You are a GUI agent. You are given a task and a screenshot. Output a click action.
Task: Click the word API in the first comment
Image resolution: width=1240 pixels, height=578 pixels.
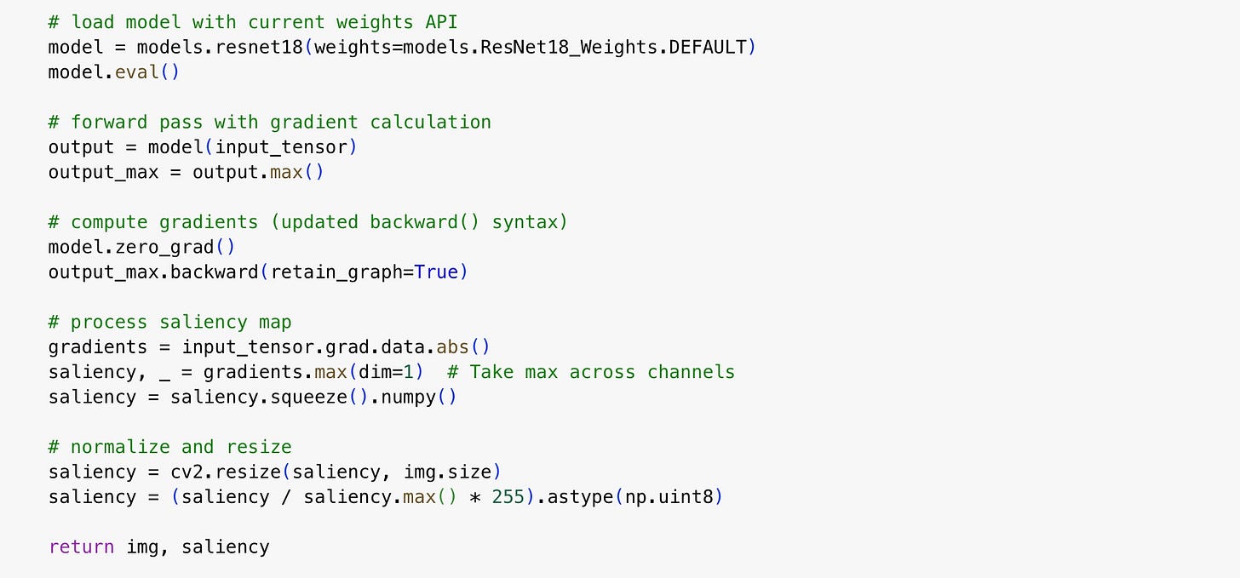[x=441, y=22]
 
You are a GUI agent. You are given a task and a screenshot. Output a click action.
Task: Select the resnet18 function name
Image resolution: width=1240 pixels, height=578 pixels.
[x=259, y=47]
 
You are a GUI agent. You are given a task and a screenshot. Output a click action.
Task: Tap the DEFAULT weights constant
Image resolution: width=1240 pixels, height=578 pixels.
[x=708, y=47]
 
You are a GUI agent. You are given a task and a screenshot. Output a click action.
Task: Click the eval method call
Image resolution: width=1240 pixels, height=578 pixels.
[x=137, y=72]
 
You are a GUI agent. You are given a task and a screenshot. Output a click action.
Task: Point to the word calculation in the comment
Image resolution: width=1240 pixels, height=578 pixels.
[x=430, y=122]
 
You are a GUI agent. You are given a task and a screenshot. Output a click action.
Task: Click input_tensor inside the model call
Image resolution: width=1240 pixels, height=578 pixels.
[x=281, y=147]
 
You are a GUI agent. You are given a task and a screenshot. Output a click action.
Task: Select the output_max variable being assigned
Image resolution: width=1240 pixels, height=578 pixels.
[x=104, y=172]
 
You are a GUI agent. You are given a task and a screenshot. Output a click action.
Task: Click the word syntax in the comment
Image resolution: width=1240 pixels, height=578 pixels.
[x=525, y=222]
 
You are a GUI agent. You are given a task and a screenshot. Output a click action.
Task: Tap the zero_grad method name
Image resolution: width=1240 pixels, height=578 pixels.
[x=164, y=247]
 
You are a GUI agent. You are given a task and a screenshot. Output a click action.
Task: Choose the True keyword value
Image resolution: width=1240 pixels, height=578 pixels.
[x=436, y=272]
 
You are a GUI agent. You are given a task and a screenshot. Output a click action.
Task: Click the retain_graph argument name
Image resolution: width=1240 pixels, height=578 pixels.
[x=336, y=272]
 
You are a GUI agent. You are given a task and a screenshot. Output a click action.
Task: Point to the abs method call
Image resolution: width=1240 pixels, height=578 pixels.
[x=452, y=346]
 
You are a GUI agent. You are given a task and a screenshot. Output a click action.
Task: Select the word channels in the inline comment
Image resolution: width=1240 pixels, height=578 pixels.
[x=691, y=372]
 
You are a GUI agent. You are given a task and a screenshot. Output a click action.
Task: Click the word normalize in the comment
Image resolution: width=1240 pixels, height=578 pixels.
[x=120, y=446]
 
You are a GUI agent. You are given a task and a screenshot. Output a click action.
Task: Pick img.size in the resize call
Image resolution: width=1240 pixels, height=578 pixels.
[x=447, y=472]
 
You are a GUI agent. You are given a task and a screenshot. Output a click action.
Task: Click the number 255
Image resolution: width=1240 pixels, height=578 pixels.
[x=508, y=496]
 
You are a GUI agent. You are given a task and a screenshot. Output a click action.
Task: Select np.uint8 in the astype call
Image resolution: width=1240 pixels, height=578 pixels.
[x=669, y=497]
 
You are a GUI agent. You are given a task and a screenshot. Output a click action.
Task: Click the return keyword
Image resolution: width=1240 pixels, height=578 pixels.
[x=82, y=547]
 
